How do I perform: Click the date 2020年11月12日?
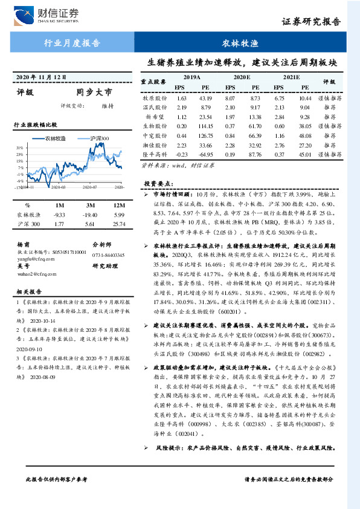click(x=40, y=78)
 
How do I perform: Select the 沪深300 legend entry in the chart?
click(x=98, y=138)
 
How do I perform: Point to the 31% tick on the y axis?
click(x=20, y=147)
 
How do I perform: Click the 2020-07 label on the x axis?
click(x=91, y=189)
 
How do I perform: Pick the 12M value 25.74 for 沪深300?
click(x=118, y=225)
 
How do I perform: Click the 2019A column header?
click(x=192, y=78)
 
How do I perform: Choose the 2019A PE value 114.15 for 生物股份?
click(x=207, y=126)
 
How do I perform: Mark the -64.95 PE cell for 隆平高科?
click(x=207, y=155)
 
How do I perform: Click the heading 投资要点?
click(x=158, y=183)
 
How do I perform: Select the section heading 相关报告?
click(x=28, y=291)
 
